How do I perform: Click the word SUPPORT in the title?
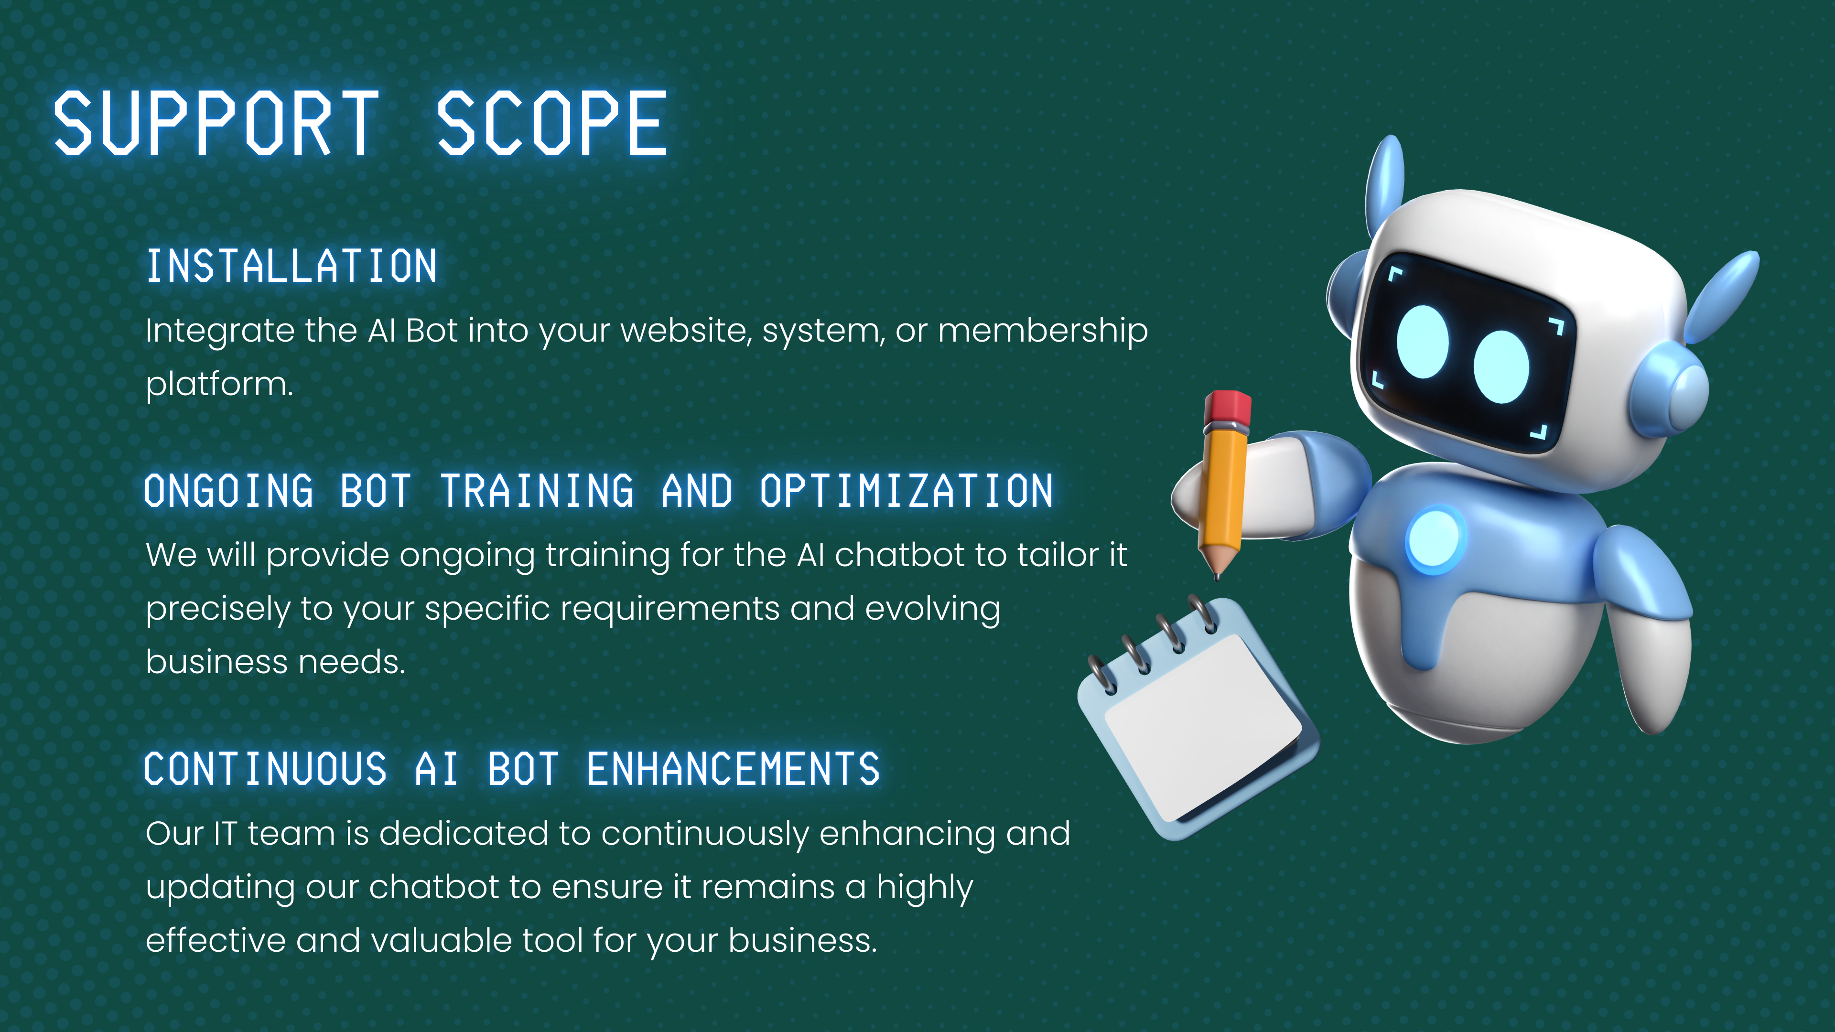(x=216, y=123)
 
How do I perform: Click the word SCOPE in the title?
(x=552, y=123)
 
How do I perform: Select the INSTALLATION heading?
(x=291, y=267)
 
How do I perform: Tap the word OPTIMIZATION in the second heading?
(x=906, y=491)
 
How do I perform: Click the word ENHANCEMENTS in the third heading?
(x=734, y=769)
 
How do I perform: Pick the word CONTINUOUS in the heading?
(x=266, y=769)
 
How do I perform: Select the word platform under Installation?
(x=219, y=385)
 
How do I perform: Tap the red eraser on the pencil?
(x=1227, y=408)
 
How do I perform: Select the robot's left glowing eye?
(x=1423, y=342)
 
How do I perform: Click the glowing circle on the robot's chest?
(x=1435, y=539)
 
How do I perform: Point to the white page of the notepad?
(x=1202, y=726)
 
